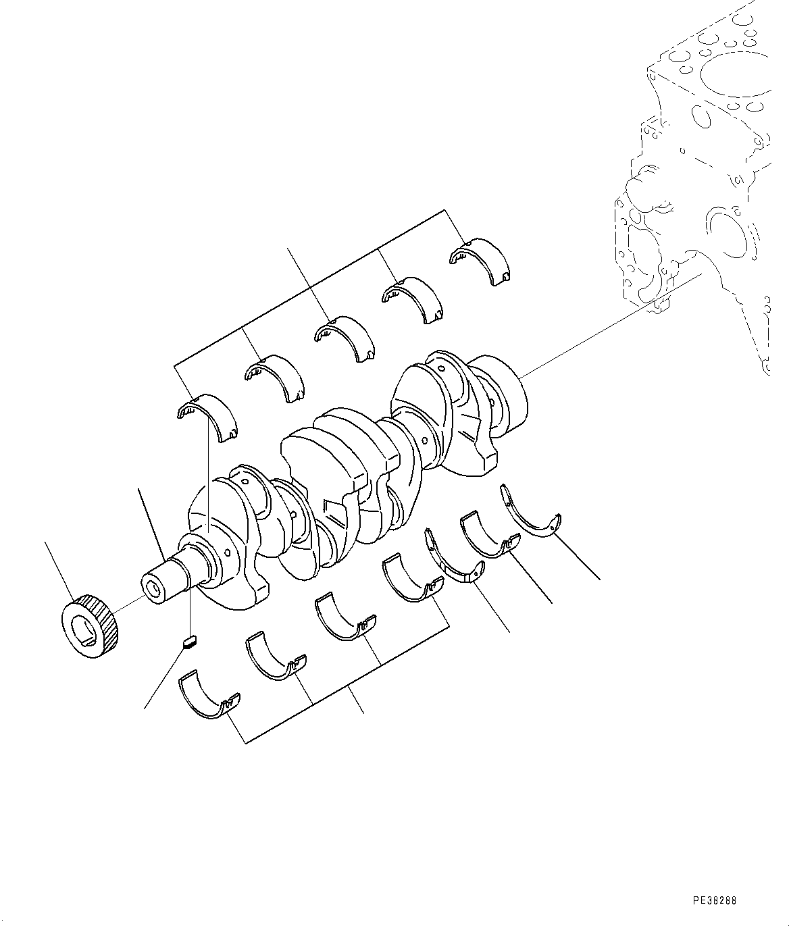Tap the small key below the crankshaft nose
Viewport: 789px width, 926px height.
tap(190, 641)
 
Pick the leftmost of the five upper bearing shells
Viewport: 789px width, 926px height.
tap(206, 415)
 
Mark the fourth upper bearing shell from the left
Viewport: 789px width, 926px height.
tap(412, 297)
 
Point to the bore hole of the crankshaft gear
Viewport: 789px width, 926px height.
tap(86, 631)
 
